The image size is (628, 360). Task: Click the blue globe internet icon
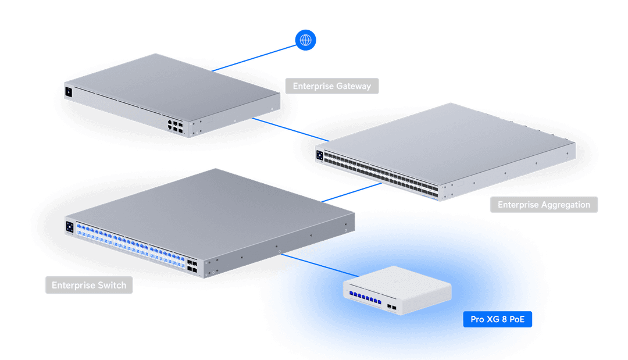point(306,40)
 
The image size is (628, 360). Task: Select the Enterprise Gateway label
point(331,86)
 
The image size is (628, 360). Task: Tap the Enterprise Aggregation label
point(544,205)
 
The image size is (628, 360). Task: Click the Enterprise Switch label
point(89,285)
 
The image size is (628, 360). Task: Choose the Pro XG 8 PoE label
point(501,319)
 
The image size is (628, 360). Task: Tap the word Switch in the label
point(112,285)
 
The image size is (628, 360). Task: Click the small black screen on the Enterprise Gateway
point(69,92)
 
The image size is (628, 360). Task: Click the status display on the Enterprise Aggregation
point(319,155)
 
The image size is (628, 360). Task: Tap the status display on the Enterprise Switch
point(70,226)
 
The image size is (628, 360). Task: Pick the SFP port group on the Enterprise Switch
point(191,266)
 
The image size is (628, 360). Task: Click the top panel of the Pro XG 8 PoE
point(401,283)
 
